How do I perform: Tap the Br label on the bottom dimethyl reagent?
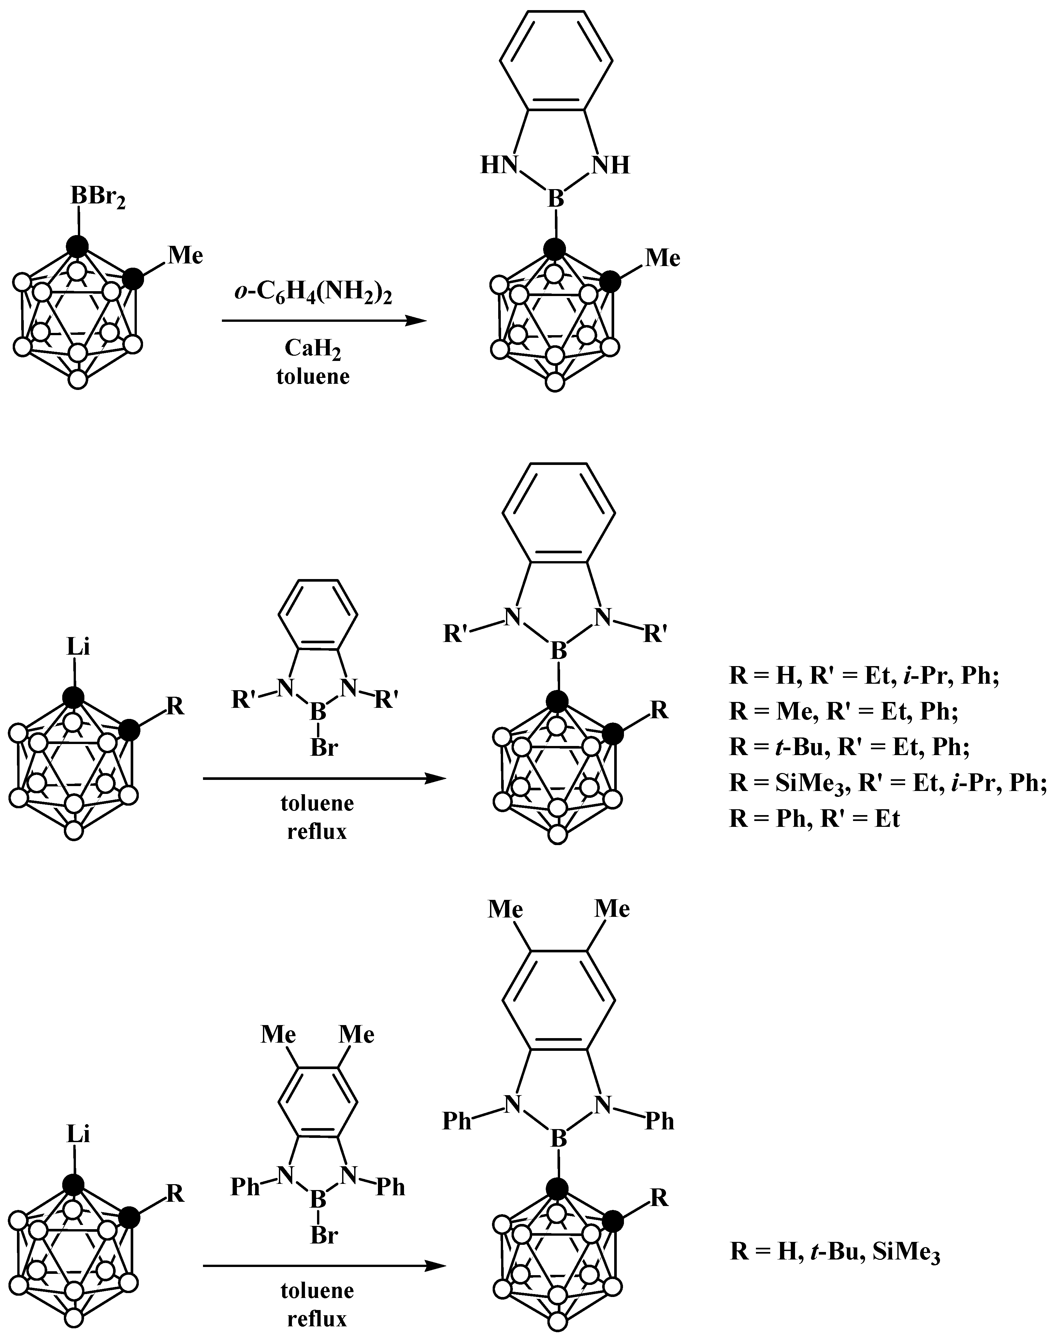(x=324, y=1235)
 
